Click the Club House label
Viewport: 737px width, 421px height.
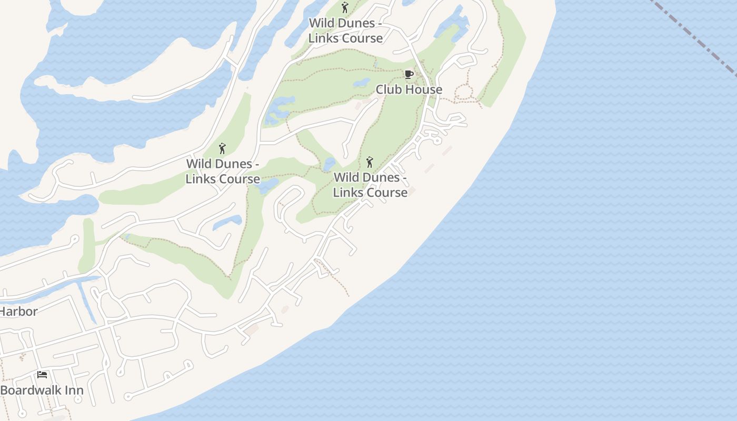click(x=409, y=89)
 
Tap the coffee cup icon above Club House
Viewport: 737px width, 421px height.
click(x=409, y=74)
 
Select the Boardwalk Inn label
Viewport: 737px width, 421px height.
click(x=42, y=390)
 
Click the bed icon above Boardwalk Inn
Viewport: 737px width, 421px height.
click(x=42, y=375)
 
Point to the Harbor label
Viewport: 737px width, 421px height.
click(x=19, y=311)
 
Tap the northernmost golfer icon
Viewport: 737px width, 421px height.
click(x=345, y=7)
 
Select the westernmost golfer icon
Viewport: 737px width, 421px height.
click(x=222, y=148)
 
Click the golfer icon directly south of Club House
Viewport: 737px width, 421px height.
click(x=370, y=162)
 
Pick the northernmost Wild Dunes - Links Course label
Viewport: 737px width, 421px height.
click(x=345, y=31)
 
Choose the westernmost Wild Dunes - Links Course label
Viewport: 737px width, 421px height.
click(x=223, y=171)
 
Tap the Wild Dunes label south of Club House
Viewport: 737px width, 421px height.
click(x=370, y=185)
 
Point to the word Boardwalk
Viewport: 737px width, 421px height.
click(x=31, y=390)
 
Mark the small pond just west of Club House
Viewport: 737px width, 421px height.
click(x=361, y=83)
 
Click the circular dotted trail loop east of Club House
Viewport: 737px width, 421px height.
click(x=463, y=93)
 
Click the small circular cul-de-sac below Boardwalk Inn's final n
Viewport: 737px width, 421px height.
click(x=78, y=399)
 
